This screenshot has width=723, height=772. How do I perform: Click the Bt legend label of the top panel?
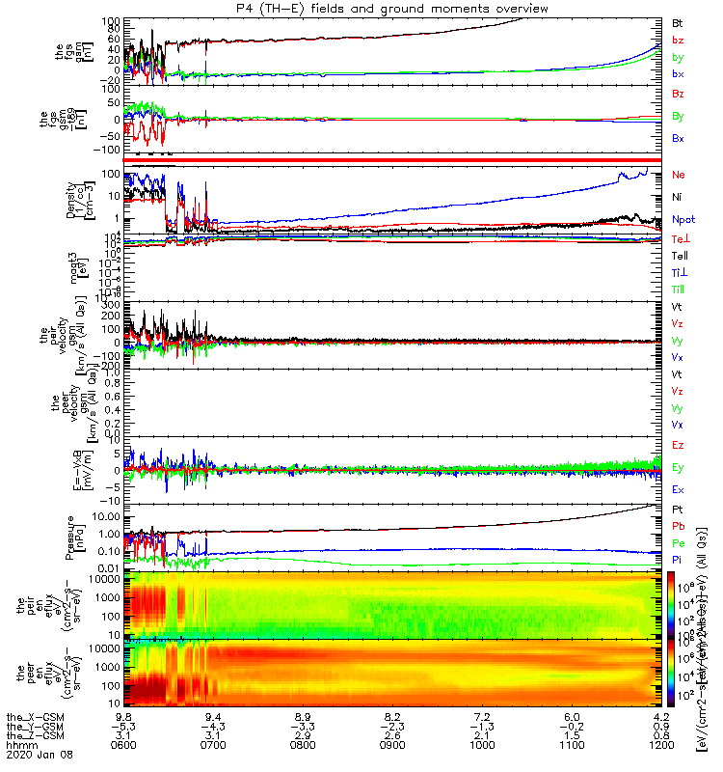[x=678, y=22]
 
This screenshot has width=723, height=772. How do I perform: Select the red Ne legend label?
[x=678, y=175]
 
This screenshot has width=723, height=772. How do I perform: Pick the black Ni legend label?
[x=678, y=197]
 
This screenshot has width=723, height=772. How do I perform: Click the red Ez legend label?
[x=678, y=446]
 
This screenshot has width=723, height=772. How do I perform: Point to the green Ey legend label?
[x=678, y=468]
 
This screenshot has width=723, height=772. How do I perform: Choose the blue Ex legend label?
[x=678, y=490]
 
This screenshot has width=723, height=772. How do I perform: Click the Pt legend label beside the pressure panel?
[x=678, y=509]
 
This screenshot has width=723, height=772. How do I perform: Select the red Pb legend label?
[x=678, y=526]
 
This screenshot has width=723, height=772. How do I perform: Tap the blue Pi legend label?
[x=678, y=561]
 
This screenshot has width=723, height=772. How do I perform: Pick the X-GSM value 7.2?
[x=482, y=717]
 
